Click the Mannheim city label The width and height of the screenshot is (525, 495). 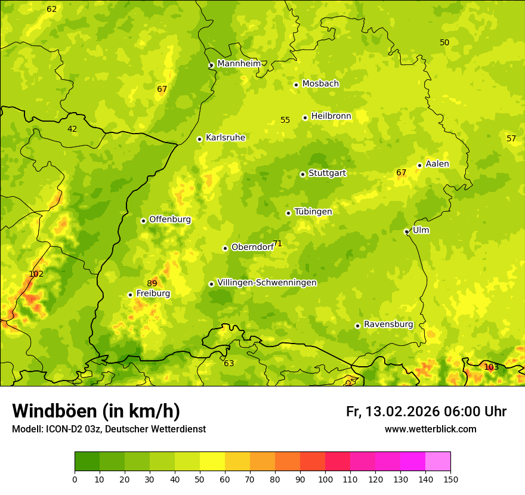point(239,63)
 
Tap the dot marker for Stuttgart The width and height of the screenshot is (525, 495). point(302,174)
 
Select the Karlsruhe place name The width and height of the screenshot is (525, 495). point(225,137)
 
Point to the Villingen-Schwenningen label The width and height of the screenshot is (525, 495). point(267,282)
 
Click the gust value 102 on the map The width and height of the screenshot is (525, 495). point(36,274)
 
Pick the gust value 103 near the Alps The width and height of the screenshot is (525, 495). point(491,367)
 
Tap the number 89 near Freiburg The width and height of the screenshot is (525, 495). point(152,283)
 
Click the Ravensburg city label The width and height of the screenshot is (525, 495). point(388,324)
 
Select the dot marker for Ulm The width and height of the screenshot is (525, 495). point(406,231)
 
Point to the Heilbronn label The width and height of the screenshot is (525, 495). point(331,116)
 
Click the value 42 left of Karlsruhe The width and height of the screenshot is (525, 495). point(72,129)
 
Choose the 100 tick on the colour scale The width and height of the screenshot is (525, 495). point(325,479)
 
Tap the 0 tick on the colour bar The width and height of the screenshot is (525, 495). point(75,479)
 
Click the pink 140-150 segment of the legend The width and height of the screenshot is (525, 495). point(438,461)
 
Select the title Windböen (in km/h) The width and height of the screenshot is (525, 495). point(96,411)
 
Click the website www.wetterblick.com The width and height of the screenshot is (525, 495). point(430,429)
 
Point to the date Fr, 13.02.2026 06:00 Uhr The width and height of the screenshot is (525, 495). point(426,412)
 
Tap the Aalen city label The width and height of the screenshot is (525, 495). point(437,163)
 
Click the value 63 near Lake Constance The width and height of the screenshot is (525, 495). point(229,363)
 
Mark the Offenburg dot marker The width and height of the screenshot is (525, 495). point(143,221)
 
